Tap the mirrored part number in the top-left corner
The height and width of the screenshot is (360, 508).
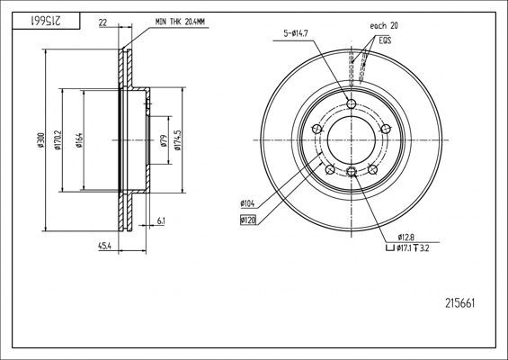click(33, 19)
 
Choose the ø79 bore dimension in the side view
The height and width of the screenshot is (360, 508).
click(162, 140)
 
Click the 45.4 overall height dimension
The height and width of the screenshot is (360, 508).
click(105, 246)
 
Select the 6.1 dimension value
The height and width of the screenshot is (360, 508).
click(159, 220)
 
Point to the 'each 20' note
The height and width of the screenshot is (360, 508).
click(382, 28)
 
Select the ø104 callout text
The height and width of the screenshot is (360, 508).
click(248, 205)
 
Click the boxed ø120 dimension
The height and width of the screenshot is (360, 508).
click(248, 220)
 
